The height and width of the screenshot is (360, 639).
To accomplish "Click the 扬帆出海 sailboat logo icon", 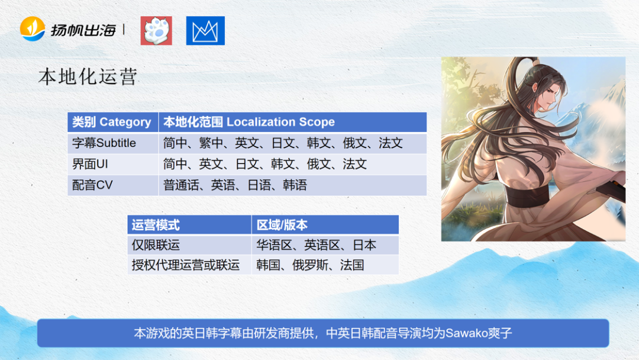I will (33, 28).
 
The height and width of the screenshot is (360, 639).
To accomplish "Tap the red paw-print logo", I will (156, 31).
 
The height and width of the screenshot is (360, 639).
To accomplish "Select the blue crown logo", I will (205, 31).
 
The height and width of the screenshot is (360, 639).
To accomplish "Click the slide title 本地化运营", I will (88, 77).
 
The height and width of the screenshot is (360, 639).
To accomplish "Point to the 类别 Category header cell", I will (112, 122).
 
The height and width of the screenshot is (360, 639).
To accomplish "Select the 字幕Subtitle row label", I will (104, 143).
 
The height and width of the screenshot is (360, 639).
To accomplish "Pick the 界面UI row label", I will (92, 164).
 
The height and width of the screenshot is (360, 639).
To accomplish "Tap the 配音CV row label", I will (92, 185).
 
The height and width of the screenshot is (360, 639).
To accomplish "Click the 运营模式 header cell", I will (156, 225).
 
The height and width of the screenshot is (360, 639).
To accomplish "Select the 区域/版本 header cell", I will (282, 225).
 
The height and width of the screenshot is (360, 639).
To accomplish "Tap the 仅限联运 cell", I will (156, 245).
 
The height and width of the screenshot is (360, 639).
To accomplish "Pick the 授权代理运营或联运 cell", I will (185, 265).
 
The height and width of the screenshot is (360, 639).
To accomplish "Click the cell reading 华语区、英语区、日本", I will (316, 245).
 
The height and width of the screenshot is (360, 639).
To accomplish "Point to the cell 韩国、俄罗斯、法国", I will (310, 265).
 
